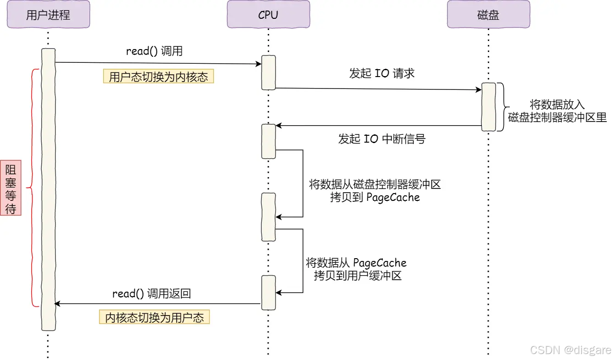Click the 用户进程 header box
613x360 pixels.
tap(48, 15)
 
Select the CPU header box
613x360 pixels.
tap(268, 15)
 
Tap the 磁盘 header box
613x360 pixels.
tap(488, 15)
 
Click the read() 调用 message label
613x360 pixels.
tap(155, 51)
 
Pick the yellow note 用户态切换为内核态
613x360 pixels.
tap(158, 77)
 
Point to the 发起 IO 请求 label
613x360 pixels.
tap(382, 73)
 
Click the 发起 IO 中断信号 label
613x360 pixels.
tap(382, 139)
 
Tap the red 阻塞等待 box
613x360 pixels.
tap(11, 188)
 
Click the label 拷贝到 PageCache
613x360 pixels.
tap(375, 198)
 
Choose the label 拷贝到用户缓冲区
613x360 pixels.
tap(358, 276)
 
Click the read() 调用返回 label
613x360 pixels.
tap(152, 294)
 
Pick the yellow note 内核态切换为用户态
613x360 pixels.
tap(155, 318)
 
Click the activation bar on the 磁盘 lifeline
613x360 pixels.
tap(488, 107)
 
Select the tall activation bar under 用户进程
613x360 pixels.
tap(48, 189)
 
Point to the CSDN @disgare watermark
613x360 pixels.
tap(570, 350)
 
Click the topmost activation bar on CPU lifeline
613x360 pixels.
tap(268, 72)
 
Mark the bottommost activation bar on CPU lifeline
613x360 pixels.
tap(268, 292)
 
